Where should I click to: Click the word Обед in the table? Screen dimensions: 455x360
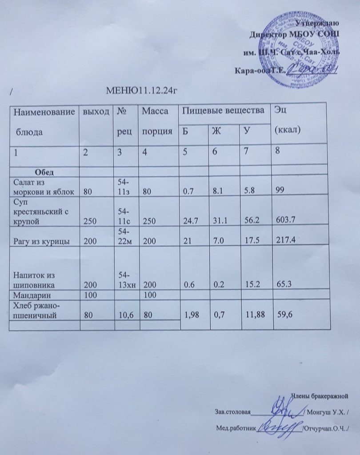click(x=44, y=172)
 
